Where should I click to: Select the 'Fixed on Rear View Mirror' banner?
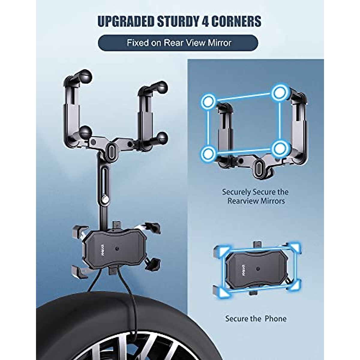(178, 43)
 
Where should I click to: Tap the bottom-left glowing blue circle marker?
(207, 154)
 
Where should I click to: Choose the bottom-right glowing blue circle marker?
(280, 147)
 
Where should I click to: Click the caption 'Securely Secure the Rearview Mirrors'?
(255, 196)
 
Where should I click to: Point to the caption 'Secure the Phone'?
(256, 318)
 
